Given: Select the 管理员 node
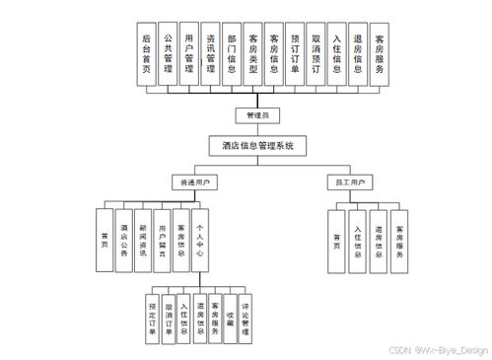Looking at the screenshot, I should point(257,115).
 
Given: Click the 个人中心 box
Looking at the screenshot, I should point(199,240).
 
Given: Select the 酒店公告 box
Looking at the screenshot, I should point(123,240).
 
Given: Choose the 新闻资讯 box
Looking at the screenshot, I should point(143,240).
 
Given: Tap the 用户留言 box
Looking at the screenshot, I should point(162,240).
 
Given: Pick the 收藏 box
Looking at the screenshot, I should point(230,318).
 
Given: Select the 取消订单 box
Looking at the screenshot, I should point(168,318).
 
